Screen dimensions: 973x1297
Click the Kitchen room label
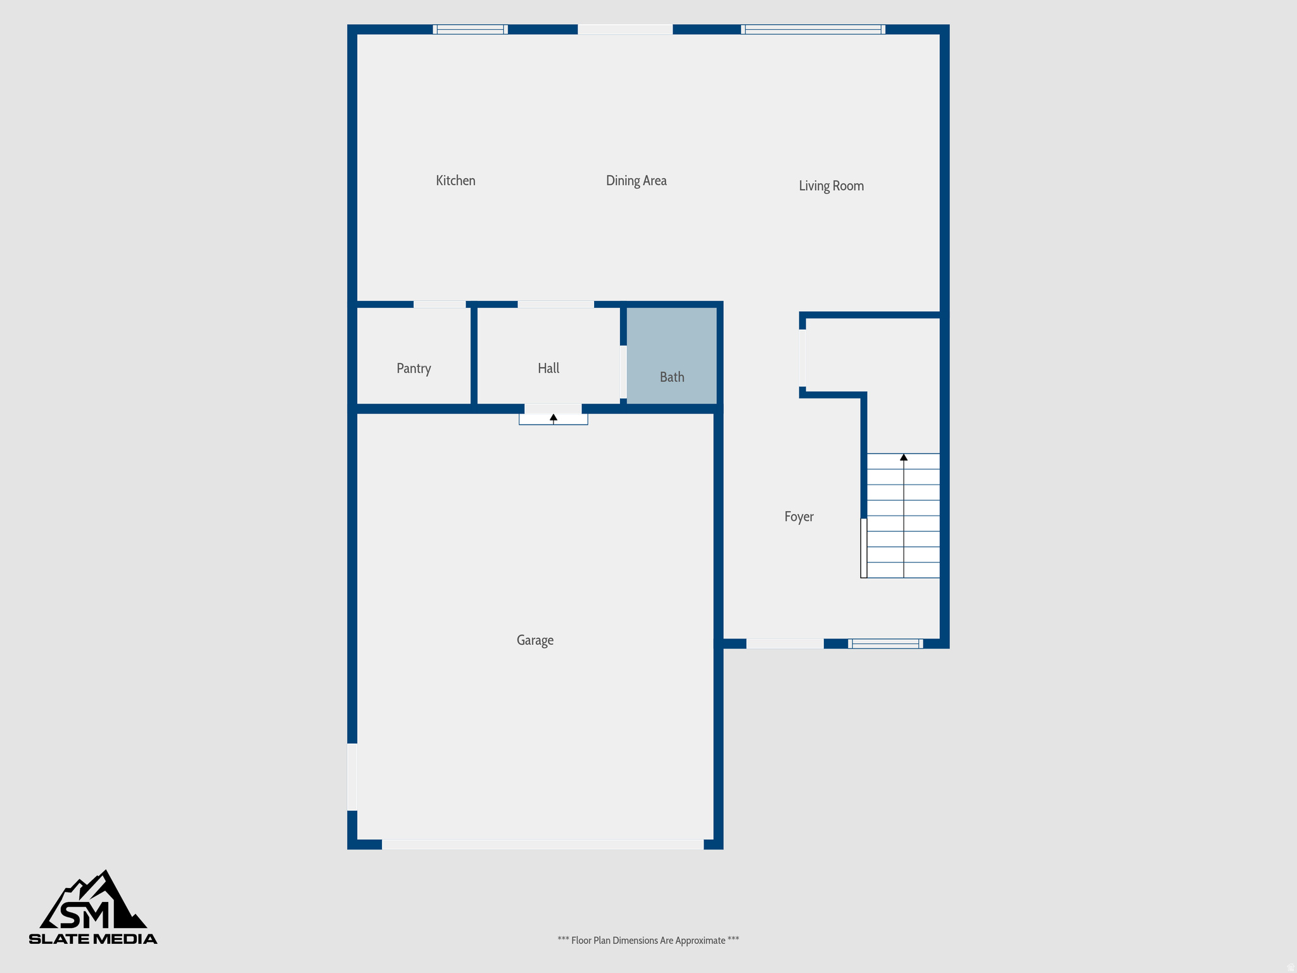point(455,181)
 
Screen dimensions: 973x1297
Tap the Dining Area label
point(636,181)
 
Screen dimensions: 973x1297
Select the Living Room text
point(831,186)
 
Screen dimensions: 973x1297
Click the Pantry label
point(414,369)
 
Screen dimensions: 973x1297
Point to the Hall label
point(548,368)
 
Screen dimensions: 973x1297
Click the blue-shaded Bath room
point(671,355)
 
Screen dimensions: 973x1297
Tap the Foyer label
point(799,516)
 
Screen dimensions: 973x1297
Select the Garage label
point(535,640)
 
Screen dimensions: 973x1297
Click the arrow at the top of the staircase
point(904,457)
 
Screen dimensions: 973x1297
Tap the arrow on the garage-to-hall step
point(554,417)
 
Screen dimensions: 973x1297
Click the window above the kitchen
point(470,29)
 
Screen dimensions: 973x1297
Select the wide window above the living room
point(813,29)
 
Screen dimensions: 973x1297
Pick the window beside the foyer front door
point(885,644)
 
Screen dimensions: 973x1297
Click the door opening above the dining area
point(625,29)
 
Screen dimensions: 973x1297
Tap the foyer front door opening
point(785,644)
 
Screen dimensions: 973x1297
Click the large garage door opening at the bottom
point(543,844)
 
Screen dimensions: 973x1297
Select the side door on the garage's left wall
point(352,777)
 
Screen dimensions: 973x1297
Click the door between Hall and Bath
point(623,372)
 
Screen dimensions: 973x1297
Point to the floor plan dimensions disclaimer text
point(648,941)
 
